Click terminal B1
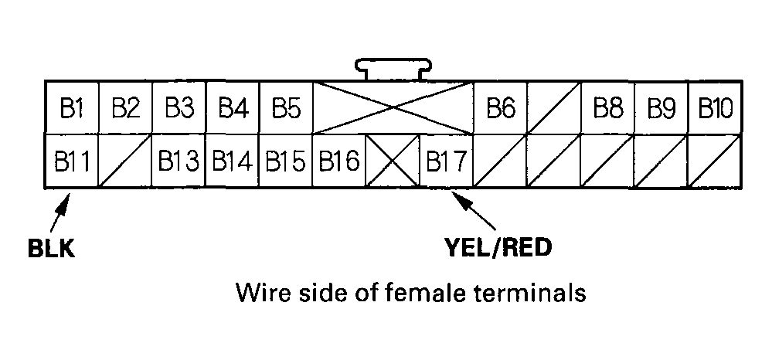[71, 107]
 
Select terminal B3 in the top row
[179, 107]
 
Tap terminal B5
[285, 107]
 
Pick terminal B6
[500, 107]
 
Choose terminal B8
[607, 107]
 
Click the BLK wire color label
[51, 249]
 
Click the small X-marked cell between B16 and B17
[392, 161]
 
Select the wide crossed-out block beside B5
[393, 107]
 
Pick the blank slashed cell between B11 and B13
[124, 161]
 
